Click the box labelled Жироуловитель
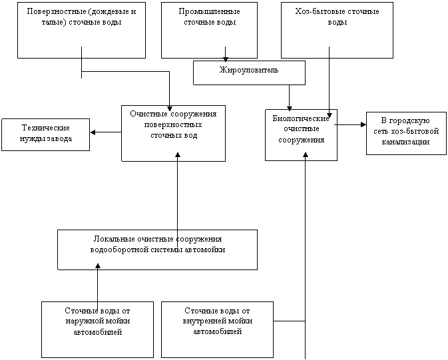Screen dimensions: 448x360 pos(249,73)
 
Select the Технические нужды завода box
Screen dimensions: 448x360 pos(45,134)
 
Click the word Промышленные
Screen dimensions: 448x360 pos(209,12)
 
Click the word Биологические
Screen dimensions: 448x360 pos(301,118)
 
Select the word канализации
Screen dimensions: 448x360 pos(405,142)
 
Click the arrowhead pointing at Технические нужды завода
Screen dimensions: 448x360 pos(93,132)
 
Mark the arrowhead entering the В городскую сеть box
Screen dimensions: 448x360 pos(363,124)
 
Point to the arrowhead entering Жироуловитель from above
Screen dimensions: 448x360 pos(226,59)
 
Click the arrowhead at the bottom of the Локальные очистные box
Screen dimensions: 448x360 pos(98,266)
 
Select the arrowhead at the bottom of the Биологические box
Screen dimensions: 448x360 pos(306,155)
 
